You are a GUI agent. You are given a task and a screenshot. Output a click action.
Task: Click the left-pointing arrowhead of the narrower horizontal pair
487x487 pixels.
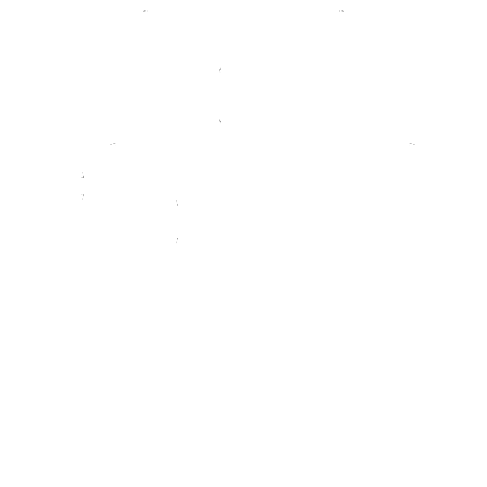click(x=145, y=11)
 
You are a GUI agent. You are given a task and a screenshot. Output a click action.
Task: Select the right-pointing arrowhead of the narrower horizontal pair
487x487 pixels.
click(x=342, y=11)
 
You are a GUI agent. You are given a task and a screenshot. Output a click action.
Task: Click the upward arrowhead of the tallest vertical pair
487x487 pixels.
click(x=220, y=70)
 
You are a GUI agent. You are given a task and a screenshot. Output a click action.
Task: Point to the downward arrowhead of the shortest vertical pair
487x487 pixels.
click(x=83, y=197)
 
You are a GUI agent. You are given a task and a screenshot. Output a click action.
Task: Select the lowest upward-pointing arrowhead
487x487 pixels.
click(x=177, y=203)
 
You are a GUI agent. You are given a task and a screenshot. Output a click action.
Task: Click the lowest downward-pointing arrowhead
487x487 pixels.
click(x=177, y=240)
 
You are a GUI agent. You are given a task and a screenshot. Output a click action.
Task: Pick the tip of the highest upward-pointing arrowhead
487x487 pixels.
click(x=220, y=67)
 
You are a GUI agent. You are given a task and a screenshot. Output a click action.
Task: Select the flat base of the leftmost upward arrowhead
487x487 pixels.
click(x=83, y=177)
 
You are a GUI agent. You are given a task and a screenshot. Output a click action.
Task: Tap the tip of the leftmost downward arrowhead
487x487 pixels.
click(x=83, y=200)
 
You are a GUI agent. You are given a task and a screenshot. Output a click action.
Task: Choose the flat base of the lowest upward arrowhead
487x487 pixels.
click(x=177, y=206)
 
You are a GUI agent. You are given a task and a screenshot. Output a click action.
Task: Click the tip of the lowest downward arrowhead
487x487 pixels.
click(x=177, y=243)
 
